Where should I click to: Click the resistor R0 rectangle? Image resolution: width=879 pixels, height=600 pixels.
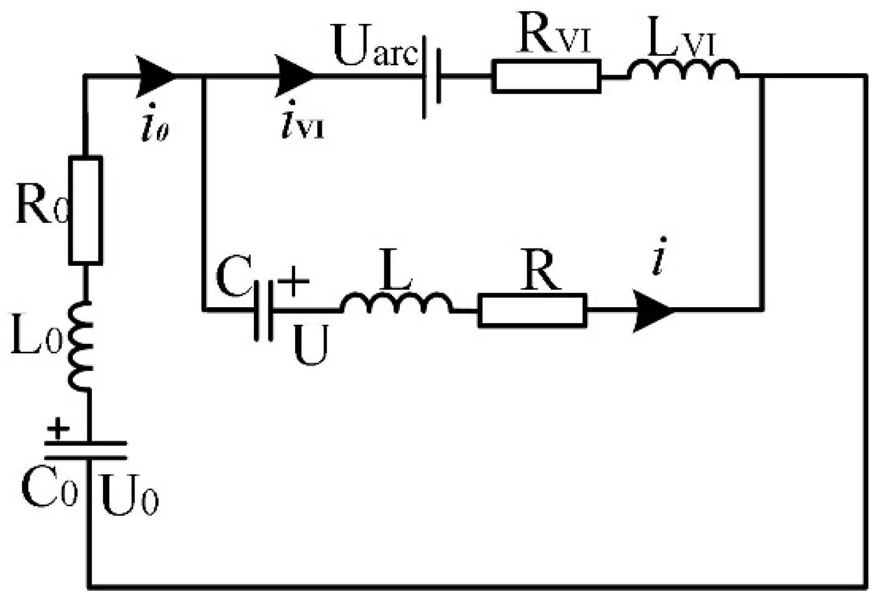coord(86,210)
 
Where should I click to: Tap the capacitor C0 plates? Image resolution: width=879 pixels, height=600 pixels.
coord(87,450)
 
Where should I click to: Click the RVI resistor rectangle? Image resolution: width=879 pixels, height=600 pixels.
coord(546,77)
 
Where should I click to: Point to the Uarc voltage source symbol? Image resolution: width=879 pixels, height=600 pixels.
coord(431,77)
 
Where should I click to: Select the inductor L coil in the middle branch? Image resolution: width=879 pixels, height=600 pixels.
coord(396,304)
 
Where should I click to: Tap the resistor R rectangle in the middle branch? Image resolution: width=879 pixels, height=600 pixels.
coord(532,311)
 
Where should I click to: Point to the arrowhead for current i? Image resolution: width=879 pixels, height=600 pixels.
coord(653,311)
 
